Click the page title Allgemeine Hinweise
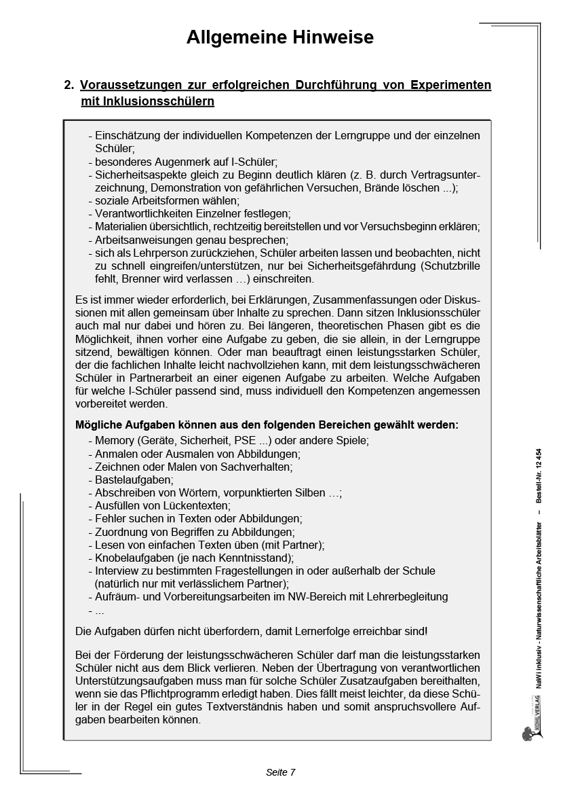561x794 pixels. coord(279,38)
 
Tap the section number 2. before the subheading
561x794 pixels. coord(69,86)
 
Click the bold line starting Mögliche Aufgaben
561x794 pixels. coord(266,425)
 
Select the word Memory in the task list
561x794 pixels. coord(115,440)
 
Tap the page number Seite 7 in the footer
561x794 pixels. coord(280,772)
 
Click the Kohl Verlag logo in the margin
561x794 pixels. coord(530,729)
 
